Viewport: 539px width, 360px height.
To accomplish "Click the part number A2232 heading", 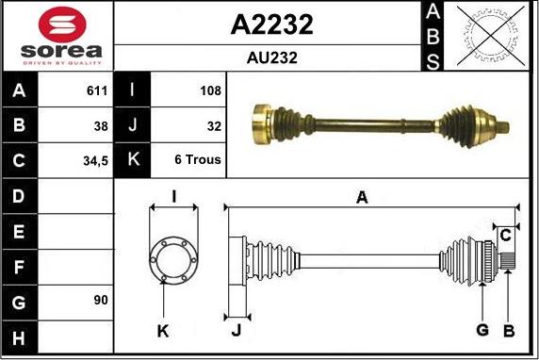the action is click(271, 25).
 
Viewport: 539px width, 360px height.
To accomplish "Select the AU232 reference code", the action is click(271, 57).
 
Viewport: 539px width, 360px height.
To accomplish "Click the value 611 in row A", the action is click(96, 91).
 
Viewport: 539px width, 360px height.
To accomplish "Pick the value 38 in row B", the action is click(100, 125).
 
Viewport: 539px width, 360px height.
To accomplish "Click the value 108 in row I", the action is click(210, 91).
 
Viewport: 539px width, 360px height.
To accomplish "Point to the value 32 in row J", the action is click(213, 125).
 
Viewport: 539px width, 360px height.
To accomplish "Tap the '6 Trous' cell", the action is click(198, 159).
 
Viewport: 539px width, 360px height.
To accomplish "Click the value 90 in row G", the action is click(100, 300).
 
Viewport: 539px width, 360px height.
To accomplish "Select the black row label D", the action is click(20, 196).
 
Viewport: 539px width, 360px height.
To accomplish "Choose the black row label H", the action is click(20, 335).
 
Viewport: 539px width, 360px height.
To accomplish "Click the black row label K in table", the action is click(132, 159).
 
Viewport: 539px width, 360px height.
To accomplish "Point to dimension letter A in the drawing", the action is click(361, 196).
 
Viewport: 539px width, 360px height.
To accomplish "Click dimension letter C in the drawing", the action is click(506, 233).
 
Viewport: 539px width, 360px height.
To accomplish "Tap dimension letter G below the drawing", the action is click(482, 329).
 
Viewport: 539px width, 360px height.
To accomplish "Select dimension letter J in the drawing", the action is click(236, 329).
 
